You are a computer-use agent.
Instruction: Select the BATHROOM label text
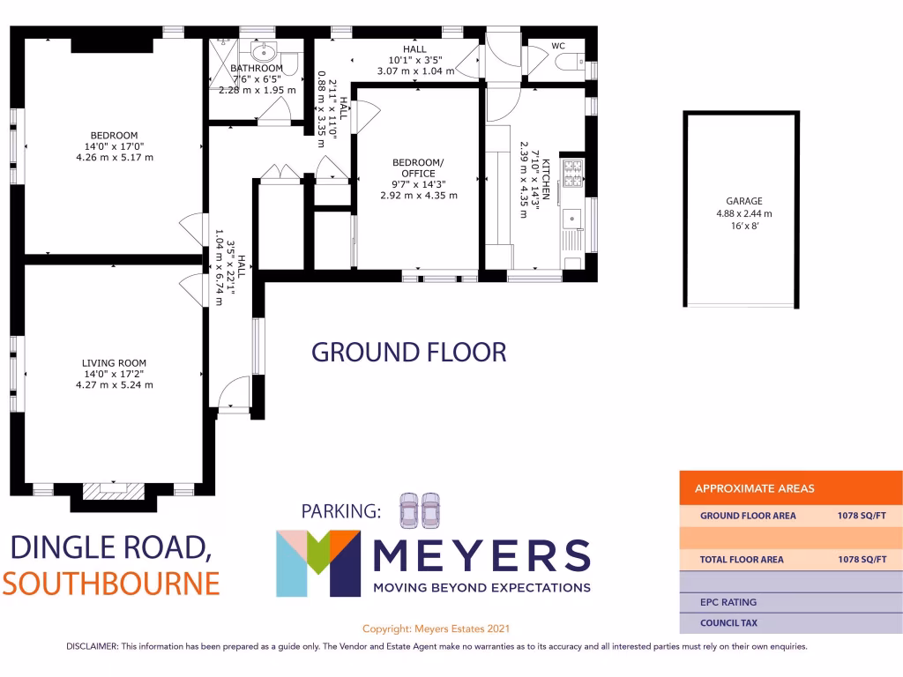[257, 69]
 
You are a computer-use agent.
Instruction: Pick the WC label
[558, 45]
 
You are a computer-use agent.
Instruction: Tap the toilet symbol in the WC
[571, 61]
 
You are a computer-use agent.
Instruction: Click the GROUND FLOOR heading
[409, 353]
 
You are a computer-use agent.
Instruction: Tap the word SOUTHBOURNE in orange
[111, 584]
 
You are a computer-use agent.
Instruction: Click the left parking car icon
[409, 509]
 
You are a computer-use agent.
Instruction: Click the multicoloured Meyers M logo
[318, 563]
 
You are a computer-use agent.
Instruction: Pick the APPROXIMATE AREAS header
[755, 488]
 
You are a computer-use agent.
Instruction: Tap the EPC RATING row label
[728, 602]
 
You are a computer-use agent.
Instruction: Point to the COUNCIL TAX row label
[728, 623]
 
